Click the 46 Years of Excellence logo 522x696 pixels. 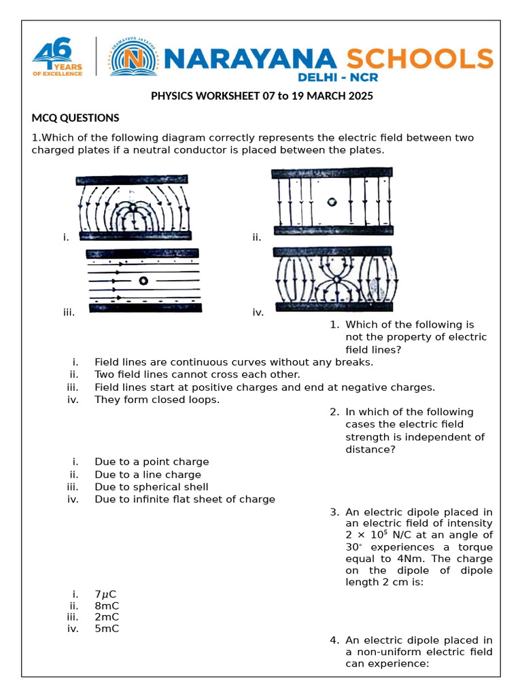point(58,58)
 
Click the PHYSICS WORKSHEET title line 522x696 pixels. point(262,96)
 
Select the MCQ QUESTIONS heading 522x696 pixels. point(75,118)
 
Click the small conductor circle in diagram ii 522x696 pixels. point(331,202)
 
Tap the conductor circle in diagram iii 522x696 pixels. point(143,281)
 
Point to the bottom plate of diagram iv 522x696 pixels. point(333,307)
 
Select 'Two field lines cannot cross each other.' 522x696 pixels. point(197,375)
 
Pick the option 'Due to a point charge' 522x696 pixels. point(152,462)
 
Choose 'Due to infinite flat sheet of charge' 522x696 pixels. point(185,500)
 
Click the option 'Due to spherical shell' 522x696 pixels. point(152,487)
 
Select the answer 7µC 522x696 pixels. point(105,594)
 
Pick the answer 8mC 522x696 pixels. point(107,606)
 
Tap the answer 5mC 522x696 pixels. point(107,629)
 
